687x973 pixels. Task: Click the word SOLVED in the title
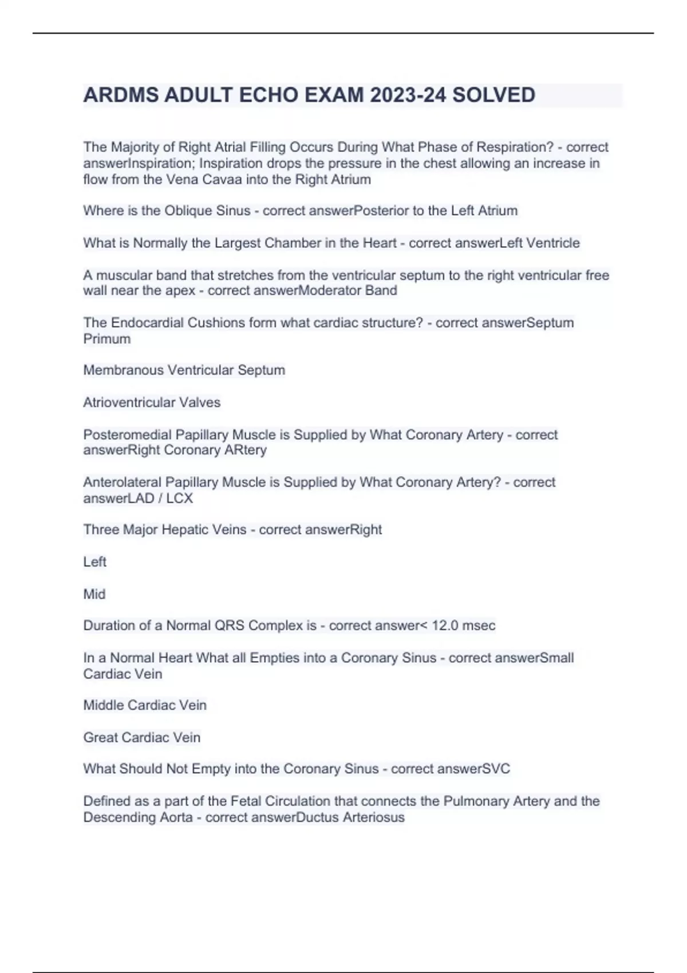493,95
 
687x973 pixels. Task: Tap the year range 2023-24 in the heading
408,95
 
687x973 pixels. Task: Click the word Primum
107,339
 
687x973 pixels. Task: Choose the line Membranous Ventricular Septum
184,370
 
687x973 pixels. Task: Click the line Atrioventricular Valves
152,402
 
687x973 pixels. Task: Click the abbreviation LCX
179,499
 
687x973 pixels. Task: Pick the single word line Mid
94,594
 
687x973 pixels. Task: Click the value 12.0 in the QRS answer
445,626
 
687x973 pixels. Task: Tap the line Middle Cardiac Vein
145,705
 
